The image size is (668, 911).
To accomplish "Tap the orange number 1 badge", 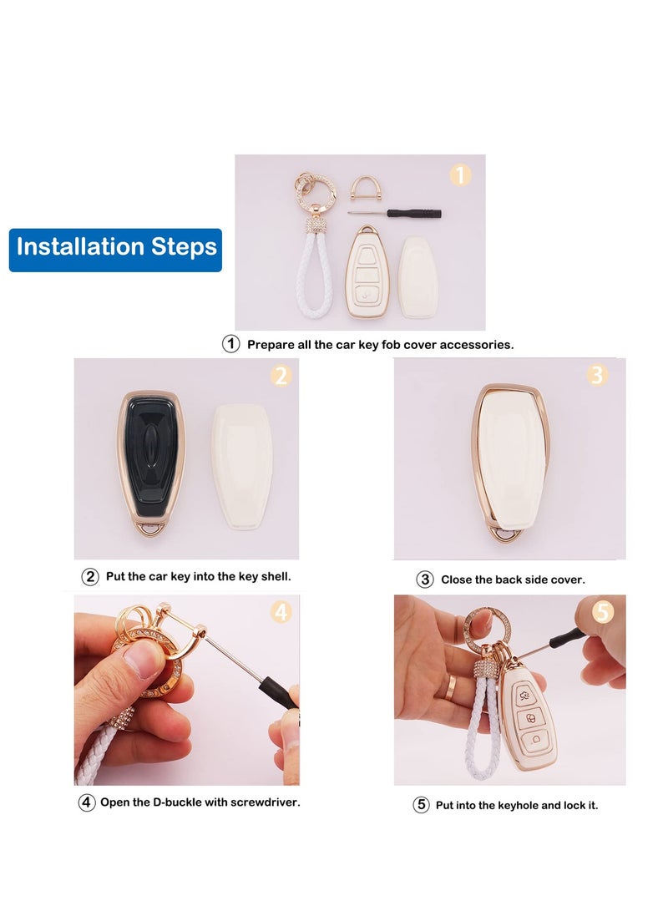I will (x=461, y=175).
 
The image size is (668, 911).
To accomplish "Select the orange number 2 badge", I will (x=281, y=377).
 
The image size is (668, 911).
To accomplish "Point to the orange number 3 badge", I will (x=596, y=376).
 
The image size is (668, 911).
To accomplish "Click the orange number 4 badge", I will (x=281, y=612).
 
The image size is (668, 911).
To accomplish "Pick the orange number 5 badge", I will (x=603, y=612).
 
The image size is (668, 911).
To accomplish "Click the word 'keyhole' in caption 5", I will (x=509, y=806).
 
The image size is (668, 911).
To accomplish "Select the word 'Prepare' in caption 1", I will (x=270, y=344).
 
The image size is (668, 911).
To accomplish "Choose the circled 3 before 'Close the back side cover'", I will (x=424, y=579).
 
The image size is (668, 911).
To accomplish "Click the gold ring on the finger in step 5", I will (x=450, y=686).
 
